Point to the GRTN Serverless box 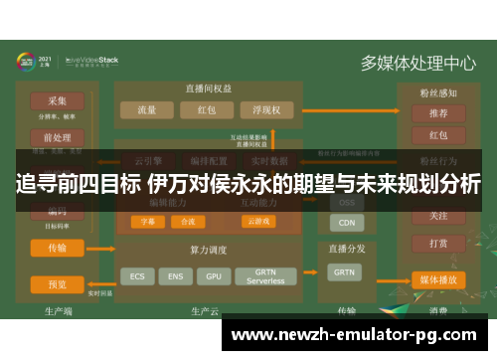(x=265, y=274)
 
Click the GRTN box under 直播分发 (x=344, y=271)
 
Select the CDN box (x=346, y=223)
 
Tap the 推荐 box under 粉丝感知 (x=437, y=113)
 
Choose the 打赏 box (x=437, y=243)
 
